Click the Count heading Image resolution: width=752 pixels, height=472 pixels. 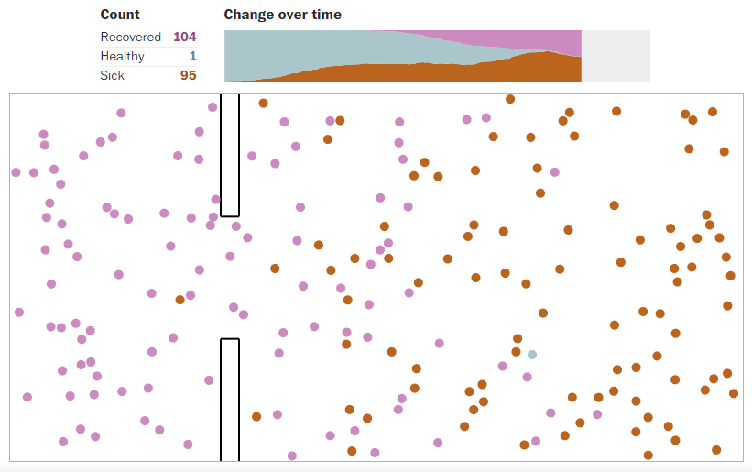click(120, 15)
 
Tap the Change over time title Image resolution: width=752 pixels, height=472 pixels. click(282, 15)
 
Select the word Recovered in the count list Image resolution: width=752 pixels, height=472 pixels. click(132, 37)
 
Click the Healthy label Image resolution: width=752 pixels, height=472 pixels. click(123, 56)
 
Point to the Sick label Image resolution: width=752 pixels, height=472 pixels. click(112, 75)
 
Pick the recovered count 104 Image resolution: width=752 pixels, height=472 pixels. click(184, 37)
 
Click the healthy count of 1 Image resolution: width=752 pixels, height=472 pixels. click(192, 56)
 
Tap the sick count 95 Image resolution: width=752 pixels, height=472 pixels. click(188, 75)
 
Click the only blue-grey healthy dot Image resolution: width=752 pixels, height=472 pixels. click(531, 354)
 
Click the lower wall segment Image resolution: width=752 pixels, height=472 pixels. click(230, 400)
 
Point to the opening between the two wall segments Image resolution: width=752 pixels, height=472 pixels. click(230, 278)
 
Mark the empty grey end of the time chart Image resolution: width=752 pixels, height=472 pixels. click(616, 56)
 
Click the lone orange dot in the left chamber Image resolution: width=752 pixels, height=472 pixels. click(180, 300)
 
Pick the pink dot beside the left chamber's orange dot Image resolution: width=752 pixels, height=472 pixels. click(191, 295)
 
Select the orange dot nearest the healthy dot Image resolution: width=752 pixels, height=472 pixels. click(517, 351)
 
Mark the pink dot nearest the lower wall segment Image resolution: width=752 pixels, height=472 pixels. click(209, 379)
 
